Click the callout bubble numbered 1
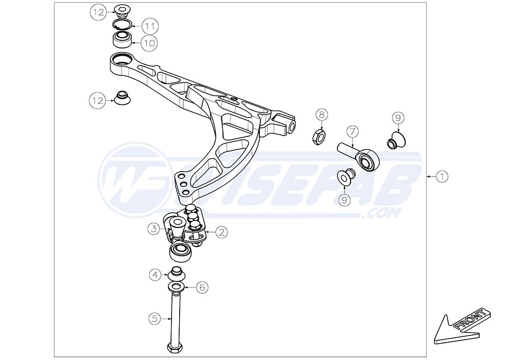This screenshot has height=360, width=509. [442, 177]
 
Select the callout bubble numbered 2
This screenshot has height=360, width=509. [221, 232]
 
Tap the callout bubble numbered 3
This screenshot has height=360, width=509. [154, 229]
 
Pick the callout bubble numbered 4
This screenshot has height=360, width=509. [155, 275]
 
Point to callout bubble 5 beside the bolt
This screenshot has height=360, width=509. [155, 319]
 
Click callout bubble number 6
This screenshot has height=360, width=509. [202, 287]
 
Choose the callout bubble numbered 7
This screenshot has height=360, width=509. [352, 132]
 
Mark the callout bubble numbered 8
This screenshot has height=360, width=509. [321, 114]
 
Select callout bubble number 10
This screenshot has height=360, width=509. [149, 43]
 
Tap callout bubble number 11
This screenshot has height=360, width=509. [150, 26]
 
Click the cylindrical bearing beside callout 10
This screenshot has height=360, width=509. [123, 40]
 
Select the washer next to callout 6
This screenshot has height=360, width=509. [177, 287]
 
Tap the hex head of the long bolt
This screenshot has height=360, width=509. [175, 348]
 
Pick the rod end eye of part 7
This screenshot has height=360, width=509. [367, 160]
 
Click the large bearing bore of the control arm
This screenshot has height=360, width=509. [122, 59]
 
